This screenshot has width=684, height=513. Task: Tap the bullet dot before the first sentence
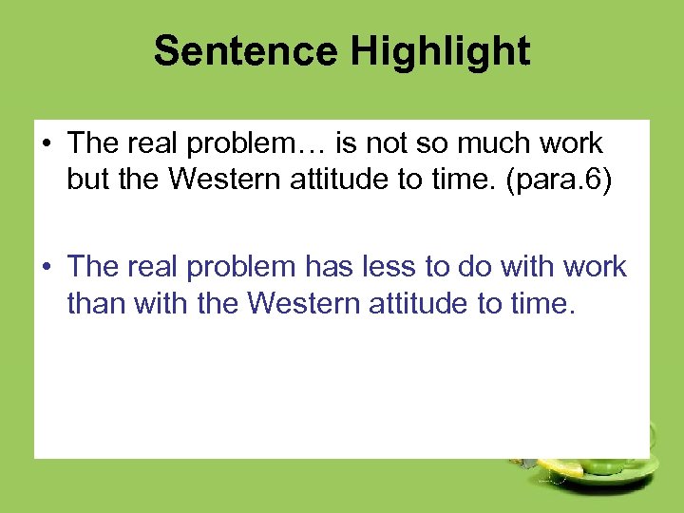tap(46, 144)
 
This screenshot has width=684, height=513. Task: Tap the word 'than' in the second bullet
tap(98, 303)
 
